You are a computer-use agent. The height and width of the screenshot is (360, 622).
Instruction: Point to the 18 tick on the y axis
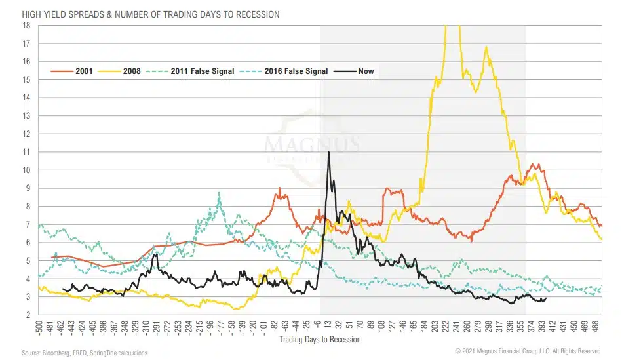pos(27,25)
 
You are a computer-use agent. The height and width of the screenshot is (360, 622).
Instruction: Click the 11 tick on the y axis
pos(27,152)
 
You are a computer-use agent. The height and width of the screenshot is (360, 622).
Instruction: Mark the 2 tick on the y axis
pos(27,315)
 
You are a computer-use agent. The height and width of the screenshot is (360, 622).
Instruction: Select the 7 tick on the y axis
pos(27,224)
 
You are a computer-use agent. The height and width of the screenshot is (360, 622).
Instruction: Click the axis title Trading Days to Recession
pos(319,340)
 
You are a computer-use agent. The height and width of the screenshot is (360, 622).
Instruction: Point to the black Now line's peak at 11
pos(328,152)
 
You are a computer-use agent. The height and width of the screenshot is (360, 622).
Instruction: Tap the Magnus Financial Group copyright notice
pos(528,351)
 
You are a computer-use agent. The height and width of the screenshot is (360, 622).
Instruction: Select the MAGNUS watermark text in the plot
pos(311,142)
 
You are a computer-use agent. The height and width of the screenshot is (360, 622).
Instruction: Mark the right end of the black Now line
pos(546,298)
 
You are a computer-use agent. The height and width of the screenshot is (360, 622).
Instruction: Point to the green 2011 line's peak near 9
pos(219,193)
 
